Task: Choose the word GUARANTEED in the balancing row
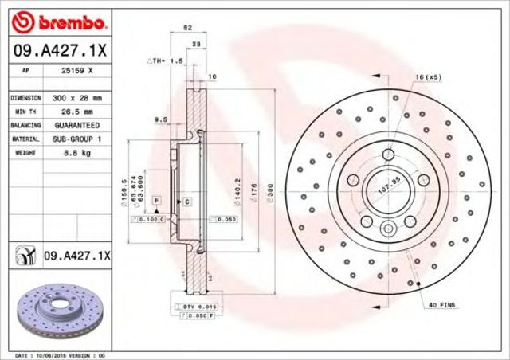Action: [77, 126]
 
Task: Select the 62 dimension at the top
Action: [188, 28]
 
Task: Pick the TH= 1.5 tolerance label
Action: [165, 61]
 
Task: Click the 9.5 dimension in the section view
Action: [159, 119]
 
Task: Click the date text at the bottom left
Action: [60, 354]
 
